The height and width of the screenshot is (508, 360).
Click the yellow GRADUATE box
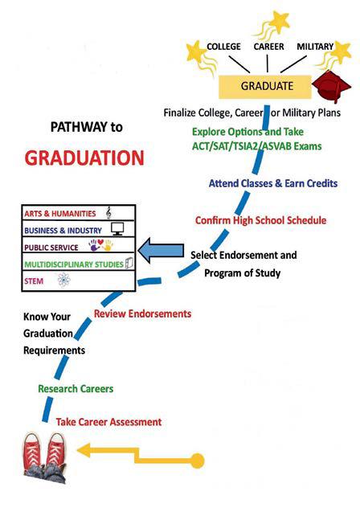click(x=265, y=87)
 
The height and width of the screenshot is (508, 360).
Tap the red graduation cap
click(x=331, y=87)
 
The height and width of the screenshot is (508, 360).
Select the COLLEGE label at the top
click(x=223, y=47)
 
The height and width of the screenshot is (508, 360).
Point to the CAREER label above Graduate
click(x=268, y=47)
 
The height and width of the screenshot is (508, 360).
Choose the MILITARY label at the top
click(x=315, y=47)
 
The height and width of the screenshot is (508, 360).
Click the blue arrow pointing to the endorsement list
click(x=161, y=250)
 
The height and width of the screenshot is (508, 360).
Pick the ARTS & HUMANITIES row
click(x=79, y=213)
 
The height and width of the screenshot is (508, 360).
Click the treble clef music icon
click(x=108, y=213)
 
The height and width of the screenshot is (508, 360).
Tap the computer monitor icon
click(x=117, y=229)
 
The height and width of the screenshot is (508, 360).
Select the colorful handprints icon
click(x=100, y=245)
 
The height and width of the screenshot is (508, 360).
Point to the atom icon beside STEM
click(x=63, y=281)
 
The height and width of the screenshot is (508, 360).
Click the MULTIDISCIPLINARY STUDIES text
click(x=74, y=264)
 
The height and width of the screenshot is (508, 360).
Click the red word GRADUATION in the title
click(x=84, y=158)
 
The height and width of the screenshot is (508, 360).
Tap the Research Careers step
click(x=76, y=388)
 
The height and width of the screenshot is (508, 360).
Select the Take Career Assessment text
click(x=108, y=422)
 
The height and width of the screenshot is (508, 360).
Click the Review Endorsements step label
click(x=142, y=313)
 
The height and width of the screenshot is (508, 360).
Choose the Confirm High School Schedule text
click(x=260, y=220)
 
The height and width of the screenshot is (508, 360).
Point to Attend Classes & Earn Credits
click(x=273, y=183)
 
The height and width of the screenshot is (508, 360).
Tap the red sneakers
click(x=45, y=458)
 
